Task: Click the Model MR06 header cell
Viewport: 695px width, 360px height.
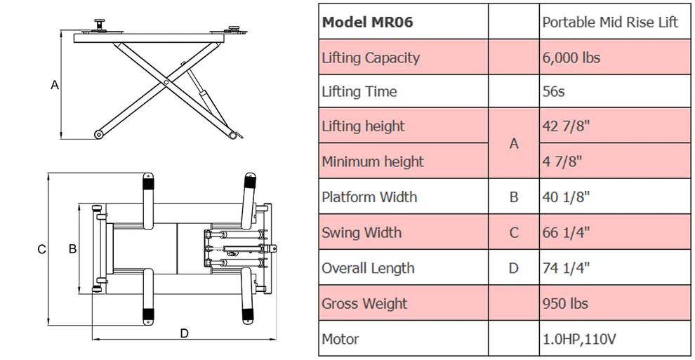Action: pos(367,22)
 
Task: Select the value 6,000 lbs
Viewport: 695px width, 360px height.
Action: pos(571,58)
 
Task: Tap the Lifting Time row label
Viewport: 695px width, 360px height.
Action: pos(359,92)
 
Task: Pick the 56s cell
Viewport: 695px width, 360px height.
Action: pos(553,92)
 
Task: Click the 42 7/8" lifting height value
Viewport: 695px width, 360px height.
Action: pos(565,126)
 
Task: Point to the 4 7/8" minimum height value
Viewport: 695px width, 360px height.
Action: pos(562,161)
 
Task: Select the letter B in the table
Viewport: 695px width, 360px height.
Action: pos(514,197)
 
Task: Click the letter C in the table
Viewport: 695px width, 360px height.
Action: pos(514,233)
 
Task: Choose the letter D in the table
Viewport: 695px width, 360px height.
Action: pos(514,268)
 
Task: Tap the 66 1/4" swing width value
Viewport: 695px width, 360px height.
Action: pos(566,233)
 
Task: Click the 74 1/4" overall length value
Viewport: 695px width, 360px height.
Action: pos(566,268)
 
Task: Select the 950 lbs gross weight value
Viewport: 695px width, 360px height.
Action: pos(565,304)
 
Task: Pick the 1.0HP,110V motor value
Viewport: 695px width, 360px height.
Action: pos(579,340)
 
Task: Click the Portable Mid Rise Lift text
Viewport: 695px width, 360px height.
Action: pos(610,22)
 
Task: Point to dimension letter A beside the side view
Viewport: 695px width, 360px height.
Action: pos(55,85)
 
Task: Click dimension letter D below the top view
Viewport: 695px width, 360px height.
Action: pos(184,333)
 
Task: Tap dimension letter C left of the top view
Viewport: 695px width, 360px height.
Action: pos(41,249)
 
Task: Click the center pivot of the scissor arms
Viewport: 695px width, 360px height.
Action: pos(166,83)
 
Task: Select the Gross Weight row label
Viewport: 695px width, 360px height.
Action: pos(364,304)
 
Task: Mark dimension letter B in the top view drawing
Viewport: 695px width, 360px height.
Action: pos(72,248)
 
